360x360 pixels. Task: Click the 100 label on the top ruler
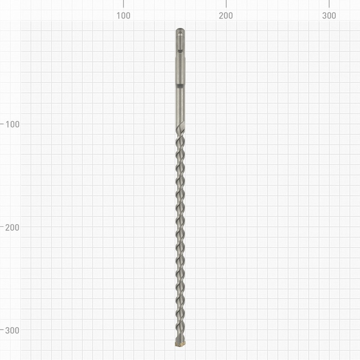tap(123, 16)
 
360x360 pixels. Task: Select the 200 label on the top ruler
tap(226, 16)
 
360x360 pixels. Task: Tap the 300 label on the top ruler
tap(329, 16)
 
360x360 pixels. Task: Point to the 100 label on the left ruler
tap(13, 124)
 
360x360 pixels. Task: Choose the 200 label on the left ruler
tap(12, 228)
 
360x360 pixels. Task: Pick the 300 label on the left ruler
tap(12, 330)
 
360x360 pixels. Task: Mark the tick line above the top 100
tap(123, 4)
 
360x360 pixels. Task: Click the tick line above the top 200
tap(226, 4)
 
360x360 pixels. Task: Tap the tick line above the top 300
tap(329, 4)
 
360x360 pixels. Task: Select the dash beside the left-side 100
tap(2, 124)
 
